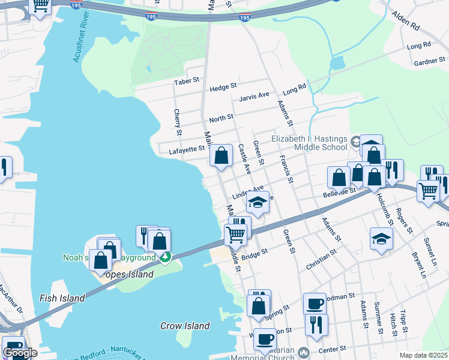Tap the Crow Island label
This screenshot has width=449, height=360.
tap(185, 326)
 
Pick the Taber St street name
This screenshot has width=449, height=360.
tap(186, 81)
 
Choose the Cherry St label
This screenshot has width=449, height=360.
tap(177, 122)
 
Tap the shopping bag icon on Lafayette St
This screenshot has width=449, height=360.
tap(221, 156)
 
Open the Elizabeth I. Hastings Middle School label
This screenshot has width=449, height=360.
tap(309, 142)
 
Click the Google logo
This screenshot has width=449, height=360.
tap(20, 353)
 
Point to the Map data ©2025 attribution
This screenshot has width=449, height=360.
tap(423, 355)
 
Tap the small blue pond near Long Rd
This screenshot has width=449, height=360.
tap(337, 62)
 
